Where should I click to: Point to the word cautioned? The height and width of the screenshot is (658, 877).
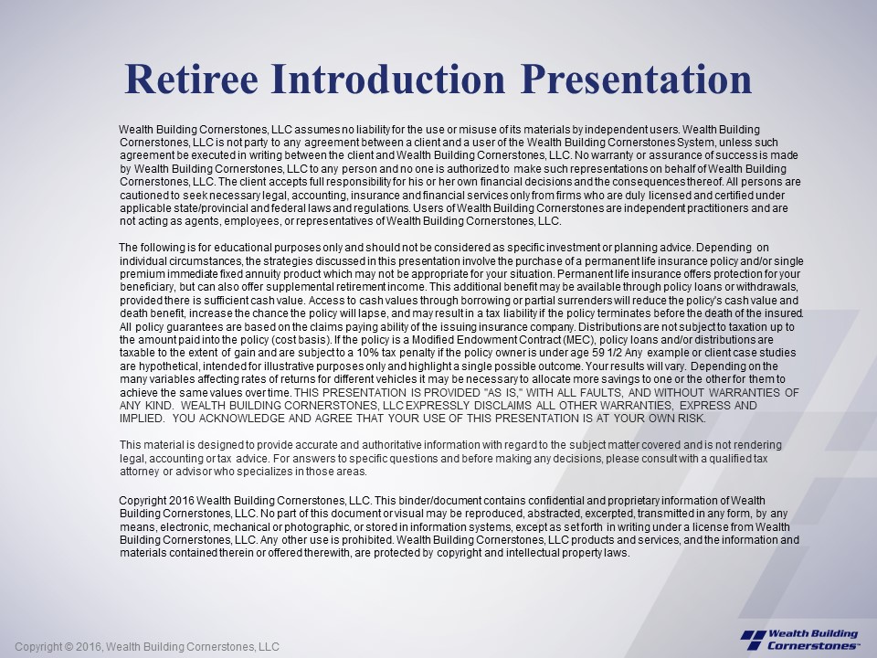[144, 195]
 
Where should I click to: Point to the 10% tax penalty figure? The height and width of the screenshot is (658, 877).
[433, 353]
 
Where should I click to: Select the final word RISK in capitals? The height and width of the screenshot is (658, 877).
[692, 419]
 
